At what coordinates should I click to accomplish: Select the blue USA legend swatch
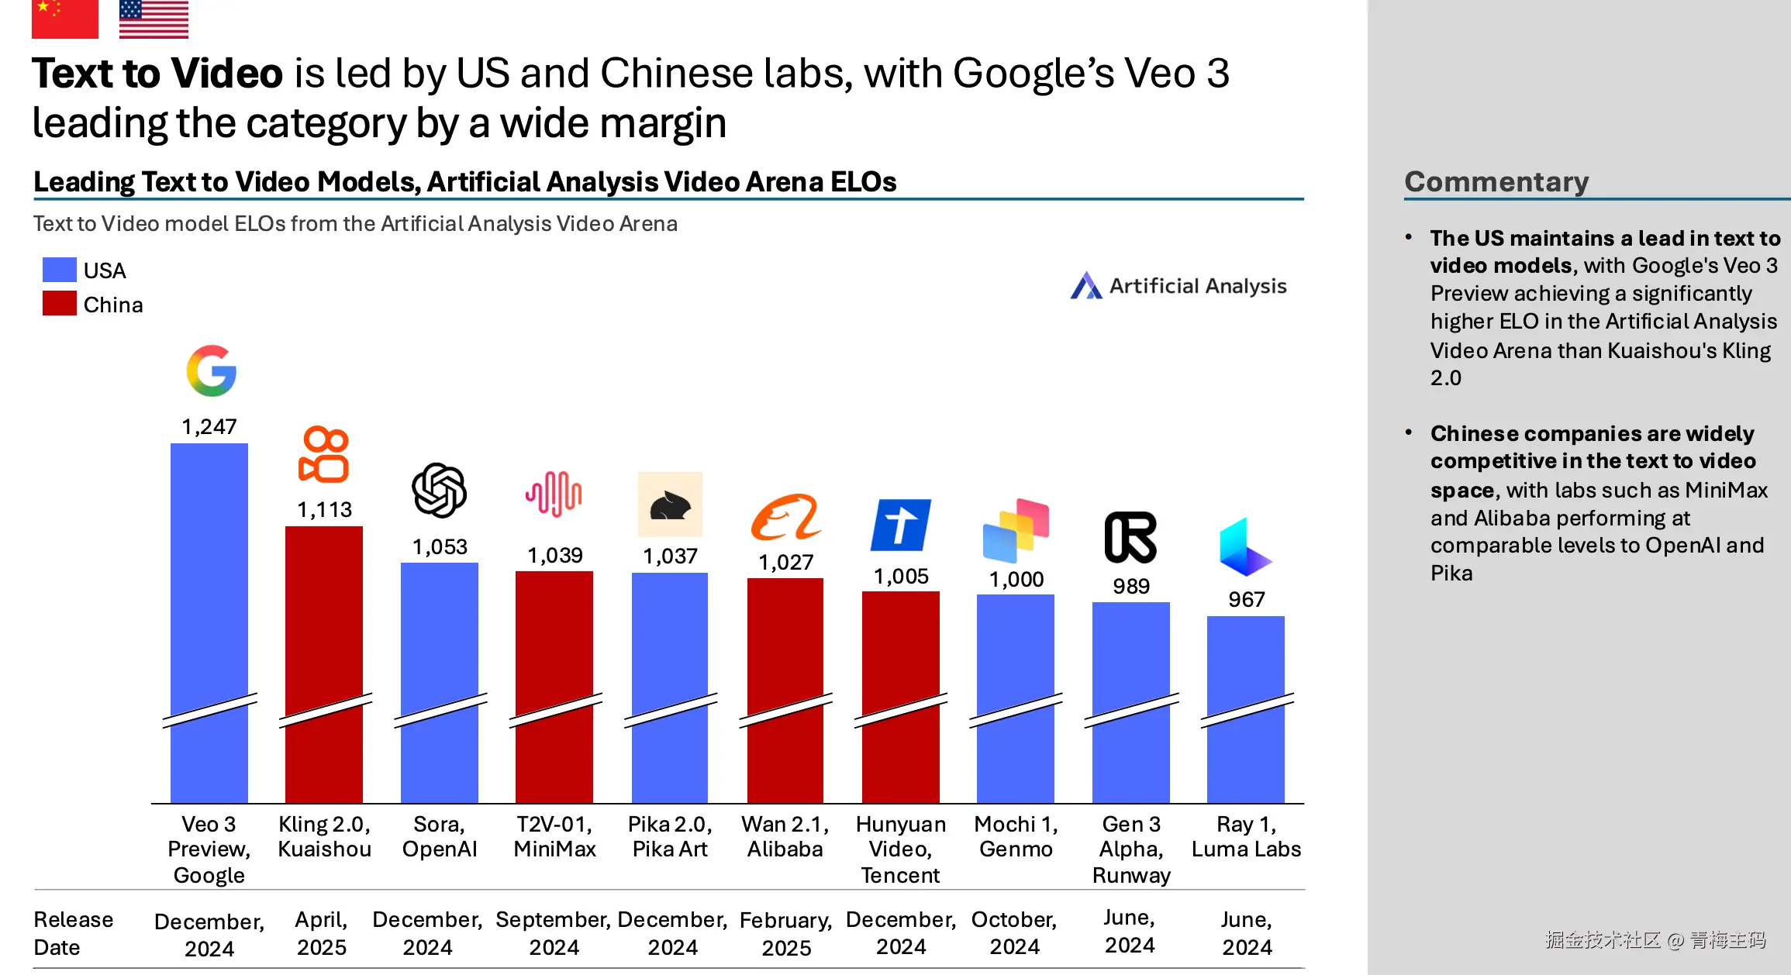[x=60, y=270]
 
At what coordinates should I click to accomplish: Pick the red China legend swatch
[x=60, y=304]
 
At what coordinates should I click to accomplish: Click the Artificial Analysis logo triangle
[x=1086, y=286]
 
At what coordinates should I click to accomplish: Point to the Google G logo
[x=211, y=370]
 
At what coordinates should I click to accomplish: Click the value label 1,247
[x=209, y=427]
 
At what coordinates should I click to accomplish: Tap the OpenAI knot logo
[x=439, y=490]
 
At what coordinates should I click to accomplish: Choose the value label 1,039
[x=555, y=556]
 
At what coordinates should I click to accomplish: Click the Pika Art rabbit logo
[x=670, y=505]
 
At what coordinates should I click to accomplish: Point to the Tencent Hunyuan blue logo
[x=900, y=525]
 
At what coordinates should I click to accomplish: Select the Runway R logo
[x=1130, y=537]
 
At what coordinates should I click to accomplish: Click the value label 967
[x=1246, y=600]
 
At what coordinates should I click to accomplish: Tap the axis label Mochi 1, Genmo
[x=1016, y=837]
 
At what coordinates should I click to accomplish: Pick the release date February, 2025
[x=785, y=934]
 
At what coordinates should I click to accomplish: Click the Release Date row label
[x=73, y=933]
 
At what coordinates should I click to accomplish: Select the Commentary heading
[x=1496, y=181]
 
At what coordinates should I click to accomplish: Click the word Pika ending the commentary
[x=1451, y=574]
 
